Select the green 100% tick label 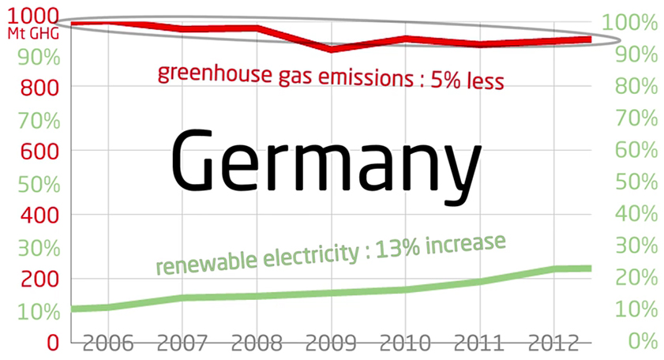[x=632, y=21]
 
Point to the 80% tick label [x=636, y=86]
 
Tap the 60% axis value [x=636, y=150]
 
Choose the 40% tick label [x=636, y=214]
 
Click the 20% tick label [x=636, y=278]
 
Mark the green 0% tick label [x=641, y=342]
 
